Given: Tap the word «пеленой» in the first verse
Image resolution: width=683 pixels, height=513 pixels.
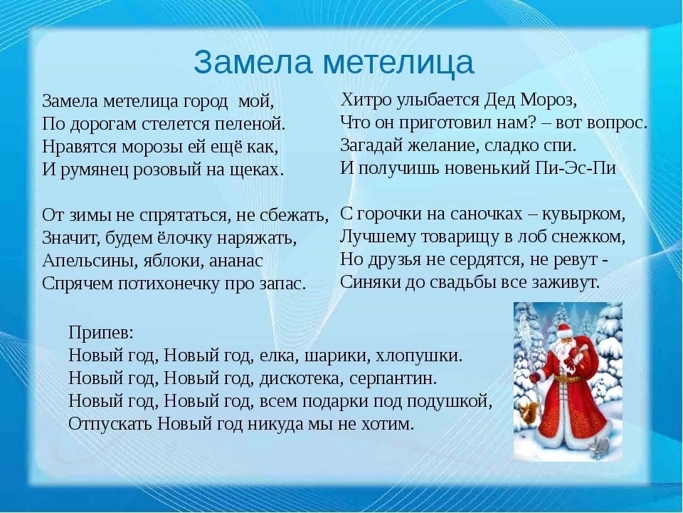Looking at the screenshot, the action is click(250, 124).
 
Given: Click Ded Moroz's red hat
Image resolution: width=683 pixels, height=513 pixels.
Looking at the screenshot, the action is click(563, 327).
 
